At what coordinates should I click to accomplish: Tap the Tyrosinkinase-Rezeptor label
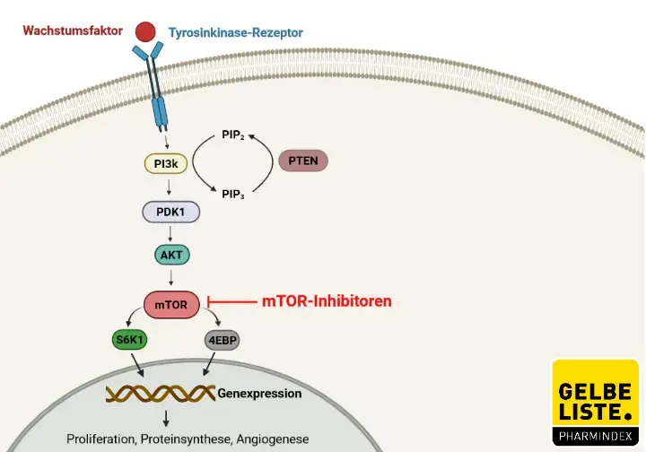(x=236, y=33)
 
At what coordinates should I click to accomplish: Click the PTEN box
(x=304, y=161)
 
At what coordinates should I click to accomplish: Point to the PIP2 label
(x=232, y=135)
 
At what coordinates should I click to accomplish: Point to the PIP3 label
(x=233, y=191)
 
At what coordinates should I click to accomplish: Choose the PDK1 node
(x=170, y=212)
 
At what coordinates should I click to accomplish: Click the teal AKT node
(x=170, y=254)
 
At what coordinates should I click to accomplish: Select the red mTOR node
(x=170, y=304)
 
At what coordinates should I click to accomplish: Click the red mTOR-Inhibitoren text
(x=327, y=301)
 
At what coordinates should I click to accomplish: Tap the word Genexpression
(x=260, y=393)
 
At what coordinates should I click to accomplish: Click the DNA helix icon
(x=161, y=393)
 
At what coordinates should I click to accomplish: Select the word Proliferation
(x=101, y=439)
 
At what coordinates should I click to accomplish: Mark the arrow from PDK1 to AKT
(x=170, y=233)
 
